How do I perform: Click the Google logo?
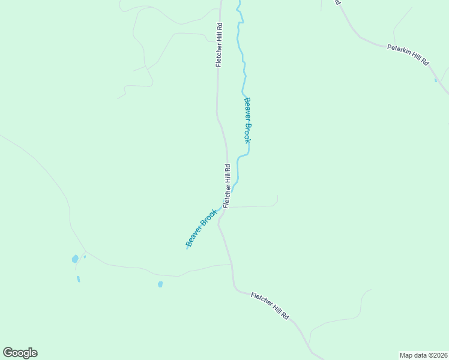point(20,353)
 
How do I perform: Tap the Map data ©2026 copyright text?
point(423,355)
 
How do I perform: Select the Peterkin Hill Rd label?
point(408,55)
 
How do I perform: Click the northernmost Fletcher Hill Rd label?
point(220,45)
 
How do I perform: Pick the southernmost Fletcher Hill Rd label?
point(270,305)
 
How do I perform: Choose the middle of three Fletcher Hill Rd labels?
point(227,186)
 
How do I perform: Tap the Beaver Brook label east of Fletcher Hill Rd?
point(247,120)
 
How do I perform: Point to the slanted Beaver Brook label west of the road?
point(201,228)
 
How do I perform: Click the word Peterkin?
point(399,50)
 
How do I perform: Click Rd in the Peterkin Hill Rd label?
point(425,62)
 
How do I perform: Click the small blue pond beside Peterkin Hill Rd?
point(436,80)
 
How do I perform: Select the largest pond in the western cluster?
point(75,259)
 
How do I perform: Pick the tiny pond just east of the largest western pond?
point(85,257)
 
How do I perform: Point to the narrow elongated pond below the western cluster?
point(78,279)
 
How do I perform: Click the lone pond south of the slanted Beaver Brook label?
point(160,284)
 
